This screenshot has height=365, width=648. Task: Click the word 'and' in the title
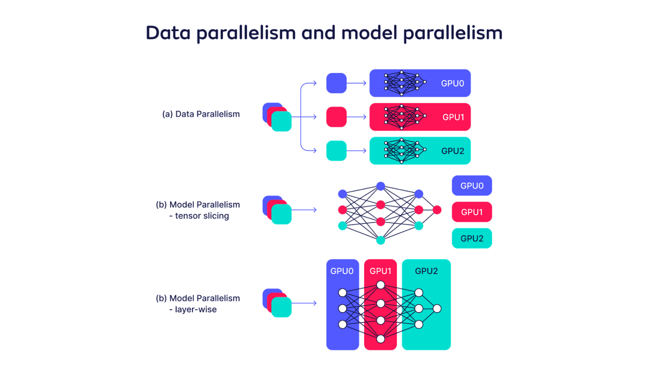[x=320, y=33]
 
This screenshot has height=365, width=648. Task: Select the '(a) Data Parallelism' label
[x=201, y=114]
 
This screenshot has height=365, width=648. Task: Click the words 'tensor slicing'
[x=202, y=216]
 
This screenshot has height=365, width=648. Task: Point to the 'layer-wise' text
[x=195, y=310]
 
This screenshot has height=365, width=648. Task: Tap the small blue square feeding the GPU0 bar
[x=336, y=83]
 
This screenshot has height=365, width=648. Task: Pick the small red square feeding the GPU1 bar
[x=336, y=117]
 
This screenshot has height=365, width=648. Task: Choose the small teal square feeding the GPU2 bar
[x=336, y=151]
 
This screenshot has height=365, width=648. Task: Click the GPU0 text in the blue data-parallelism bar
[x=452, y=84]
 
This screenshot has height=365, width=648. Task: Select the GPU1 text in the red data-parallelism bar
[x=453, y=117]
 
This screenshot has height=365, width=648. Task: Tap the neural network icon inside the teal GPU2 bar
[x=405, y=151]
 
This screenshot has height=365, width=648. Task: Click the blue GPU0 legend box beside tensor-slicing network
[x=472, y=186]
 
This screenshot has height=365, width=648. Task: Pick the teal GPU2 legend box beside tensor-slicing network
[x=472, y=239]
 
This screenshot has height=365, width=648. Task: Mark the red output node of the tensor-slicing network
[x=437, y=210]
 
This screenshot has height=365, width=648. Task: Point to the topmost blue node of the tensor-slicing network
[x=381, y=186]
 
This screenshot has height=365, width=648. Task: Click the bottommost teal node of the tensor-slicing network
[x=381, y=240]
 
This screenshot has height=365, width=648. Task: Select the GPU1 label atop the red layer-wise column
[x=381, y=271]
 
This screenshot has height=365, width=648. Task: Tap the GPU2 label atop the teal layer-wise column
[x=426, y=271]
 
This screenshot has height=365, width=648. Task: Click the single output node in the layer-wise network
[x=437, y=309]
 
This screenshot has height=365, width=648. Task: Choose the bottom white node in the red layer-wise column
[x=381, y=339]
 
